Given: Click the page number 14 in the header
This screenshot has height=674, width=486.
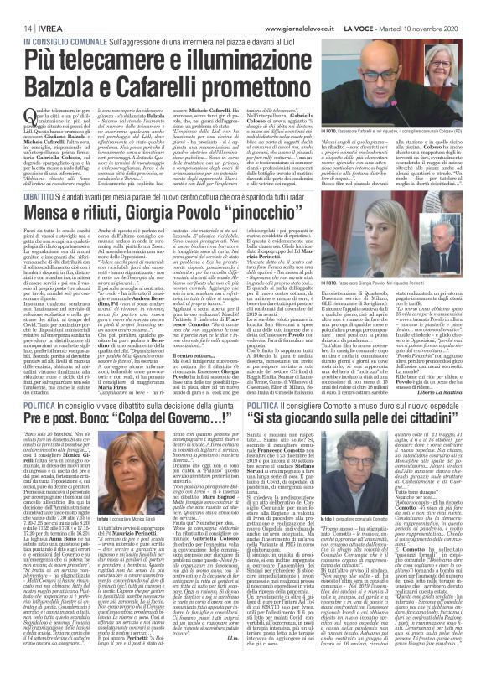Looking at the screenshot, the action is tap(15, 8).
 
